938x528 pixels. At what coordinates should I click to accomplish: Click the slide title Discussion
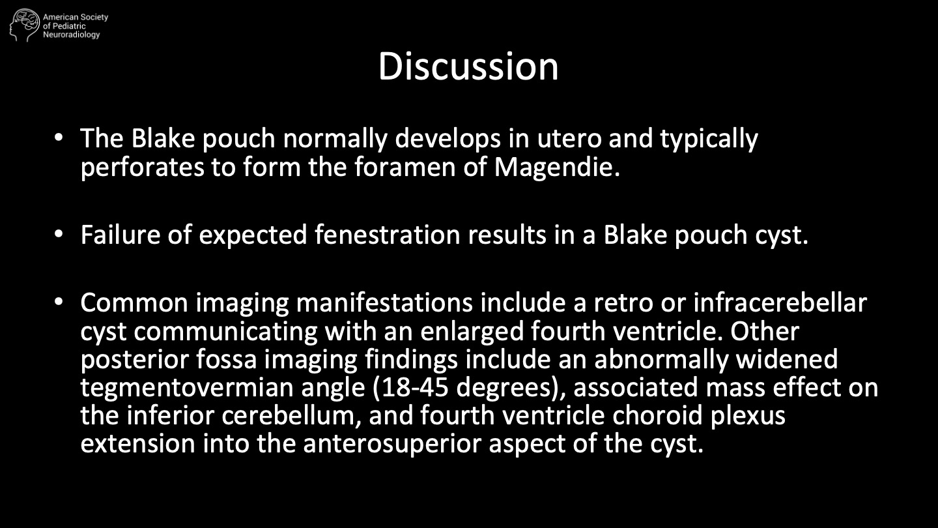click(468, 66)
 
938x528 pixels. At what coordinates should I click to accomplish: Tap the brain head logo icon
click(25, 25)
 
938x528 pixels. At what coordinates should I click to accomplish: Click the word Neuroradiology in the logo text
click(72, 35)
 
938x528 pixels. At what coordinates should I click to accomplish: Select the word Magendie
click(557, 167)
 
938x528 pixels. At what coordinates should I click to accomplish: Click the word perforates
click(143, 168)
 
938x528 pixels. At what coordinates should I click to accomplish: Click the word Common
click(134, 302)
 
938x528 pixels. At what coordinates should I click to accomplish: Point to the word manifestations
click(384, 302)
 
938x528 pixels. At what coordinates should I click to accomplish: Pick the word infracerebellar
click(780, 302)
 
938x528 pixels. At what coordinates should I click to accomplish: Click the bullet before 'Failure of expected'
click(59, 234)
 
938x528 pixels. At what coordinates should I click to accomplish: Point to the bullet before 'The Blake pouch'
click(59, 138)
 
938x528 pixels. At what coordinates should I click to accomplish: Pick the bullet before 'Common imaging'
click(59, 302)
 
